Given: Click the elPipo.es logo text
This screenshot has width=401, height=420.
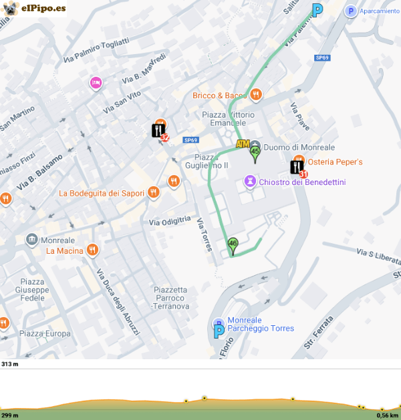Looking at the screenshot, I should pyautogui.click(x=43, y=9).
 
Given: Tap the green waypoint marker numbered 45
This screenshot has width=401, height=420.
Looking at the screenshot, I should pyautogui.click(x=255, y=153).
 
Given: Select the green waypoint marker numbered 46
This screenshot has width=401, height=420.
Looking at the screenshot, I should pyautogui.click(x=233, y=245).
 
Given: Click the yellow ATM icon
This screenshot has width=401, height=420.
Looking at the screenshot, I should pyautogui.click(x=243, y=144).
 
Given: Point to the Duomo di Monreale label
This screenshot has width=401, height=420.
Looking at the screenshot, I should pyautogui.click(x=299, y=147).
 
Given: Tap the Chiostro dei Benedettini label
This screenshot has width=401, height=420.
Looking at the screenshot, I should pyautogui.click(x=301, y=182).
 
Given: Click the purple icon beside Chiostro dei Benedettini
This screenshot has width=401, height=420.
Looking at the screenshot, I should pyautogui.click(x=250, y=182).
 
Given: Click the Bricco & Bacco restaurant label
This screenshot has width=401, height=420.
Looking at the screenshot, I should pyautogui.click(x=220, y=95).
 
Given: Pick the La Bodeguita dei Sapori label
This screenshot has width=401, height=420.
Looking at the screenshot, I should pyautogui.click(x=102, y=194).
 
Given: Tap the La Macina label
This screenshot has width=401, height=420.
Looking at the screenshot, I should pyautogui.click(x=64, y=251).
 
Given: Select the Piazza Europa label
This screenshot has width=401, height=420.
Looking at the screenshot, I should pyautogui.click(x=45, y=333).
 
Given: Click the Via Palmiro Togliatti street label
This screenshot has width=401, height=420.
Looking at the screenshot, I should pyautogui.click(x=96, y=51).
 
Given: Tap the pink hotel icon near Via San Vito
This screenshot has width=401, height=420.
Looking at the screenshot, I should pyautogui.click(x=96, y=83).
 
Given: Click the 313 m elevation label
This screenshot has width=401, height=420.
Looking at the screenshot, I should pyautogui.click(x=10, y=364).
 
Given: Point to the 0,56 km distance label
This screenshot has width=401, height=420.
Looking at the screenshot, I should pyautogui.click(x=387, y=415).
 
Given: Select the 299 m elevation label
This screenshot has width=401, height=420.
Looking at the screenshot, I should pyautogui.click(x=10, y=415).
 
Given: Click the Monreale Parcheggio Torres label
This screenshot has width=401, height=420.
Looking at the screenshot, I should pyautogui.click(x=260, y=325).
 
